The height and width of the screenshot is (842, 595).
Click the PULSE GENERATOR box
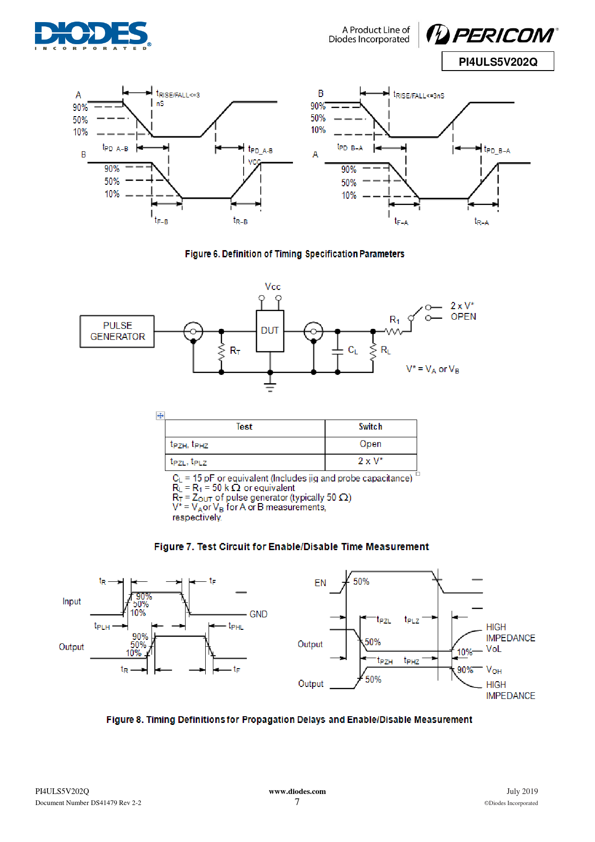point(117,331)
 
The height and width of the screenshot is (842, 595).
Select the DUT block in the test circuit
point(270,331)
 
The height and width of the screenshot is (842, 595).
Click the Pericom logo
point(492,34)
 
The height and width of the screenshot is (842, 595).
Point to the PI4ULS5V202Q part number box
point(498,61)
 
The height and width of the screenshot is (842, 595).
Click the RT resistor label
point(235,351)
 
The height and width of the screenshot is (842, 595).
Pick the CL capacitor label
point(353,350)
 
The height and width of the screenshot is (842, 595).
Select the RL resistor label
point(385,350)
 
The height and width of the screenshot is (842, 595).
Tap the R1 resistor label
point(395,320)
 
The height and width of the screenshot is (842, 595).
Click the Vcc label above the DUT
point(273,287)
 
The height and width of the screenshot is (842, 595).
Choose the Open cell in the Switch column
point(371,444)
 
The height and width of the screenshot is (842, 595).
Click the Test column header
point(244,427)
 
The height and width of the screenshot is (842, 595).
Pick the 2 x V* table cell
point(371,461)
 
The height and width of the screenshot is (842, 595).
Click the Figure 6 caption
point(294,254)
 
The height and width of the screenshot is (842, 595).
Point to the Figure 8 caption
point(289,720)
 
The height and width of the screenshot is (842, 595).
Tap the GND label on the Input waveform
point(258,614)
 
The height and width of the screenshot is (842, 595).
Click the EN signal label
point(320,583)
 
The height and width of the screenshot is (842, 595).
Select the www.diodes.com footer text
point(297,792)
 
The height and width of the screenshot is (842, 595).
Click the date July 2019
point(522,792)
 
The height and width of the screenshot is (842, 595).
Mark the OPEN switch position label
point(463,317)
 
